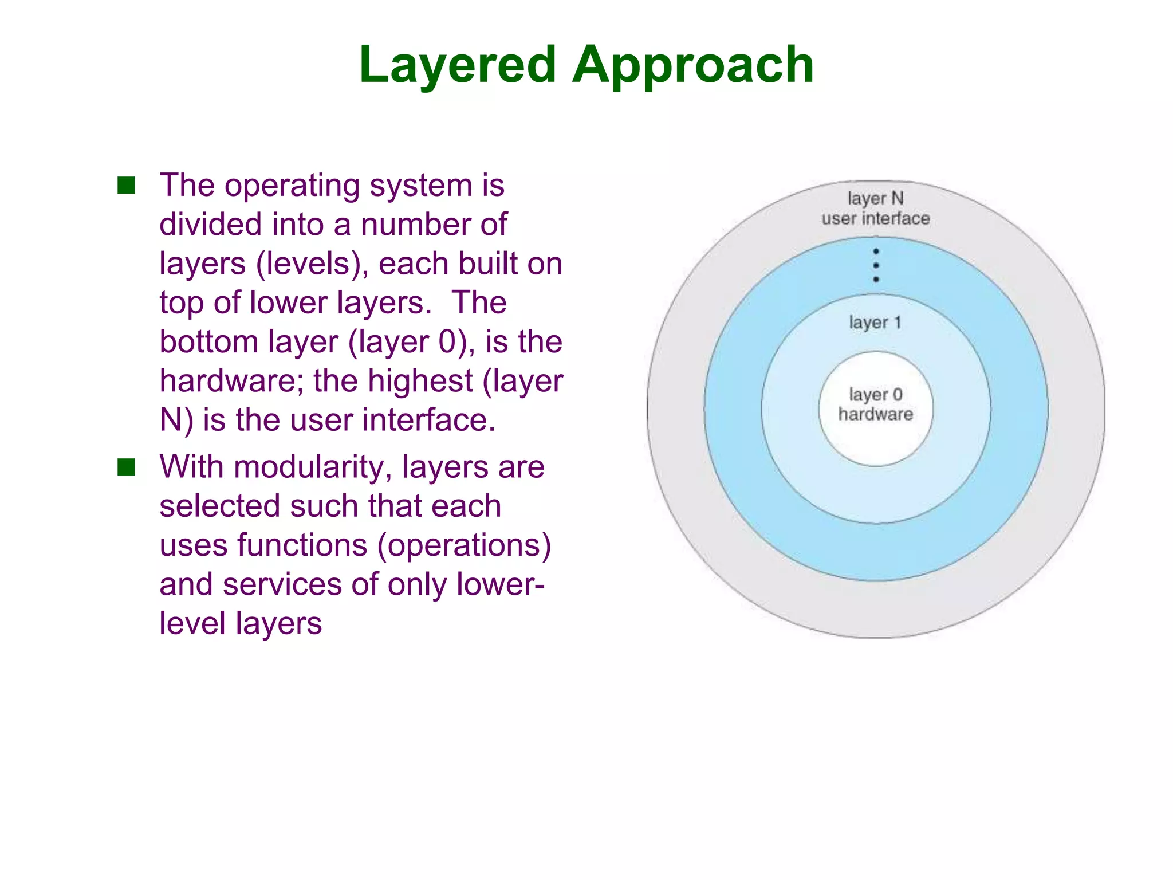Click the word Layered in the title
[x=458, y=65]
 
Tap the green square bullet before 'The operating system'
[x=126, y=186]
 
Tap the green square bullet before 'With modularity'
[x=126, y=467]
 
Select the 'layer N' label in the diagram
[x=875, y=199]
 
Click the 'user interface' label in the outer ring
[x=875, y=219]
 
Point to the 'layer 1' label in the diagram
[x=875, y=323]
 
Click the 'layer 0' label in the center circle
[x=875, y=395]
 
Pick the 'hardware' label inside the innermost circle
[x=875, y=414]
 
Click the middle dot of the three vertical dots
[x=876, y=265]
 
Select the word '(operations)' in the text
[x=464, y=545]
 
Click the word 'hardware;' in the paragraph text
[x=231, y=381]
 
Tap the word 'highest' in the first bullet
[x=420, y=381]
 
